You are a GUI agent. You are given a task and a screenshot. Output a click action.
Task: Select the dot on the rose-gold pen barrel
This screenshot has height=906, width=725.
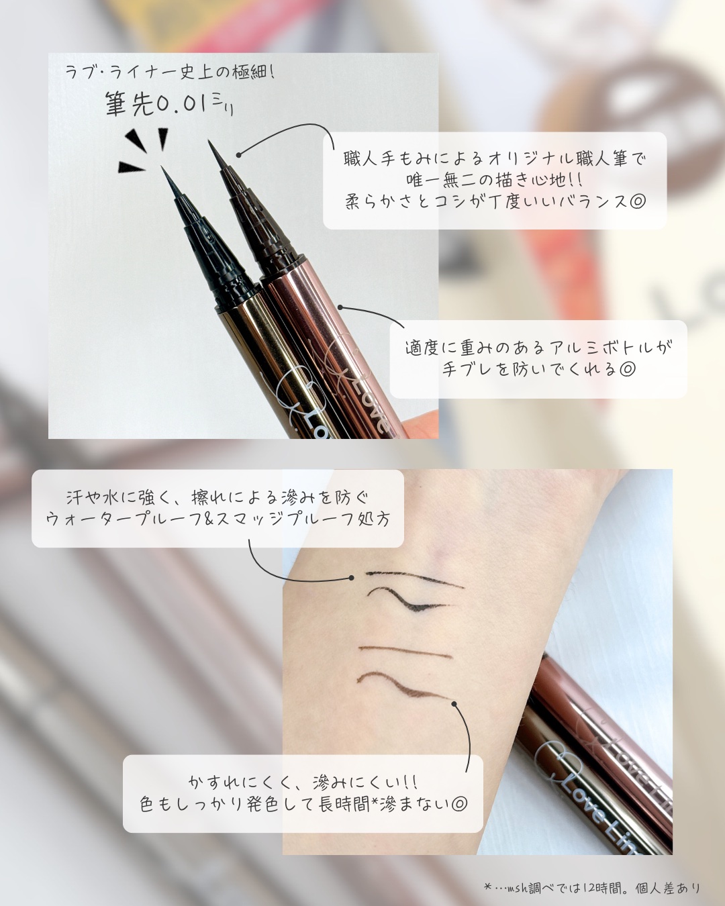[x=341, y=307]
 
